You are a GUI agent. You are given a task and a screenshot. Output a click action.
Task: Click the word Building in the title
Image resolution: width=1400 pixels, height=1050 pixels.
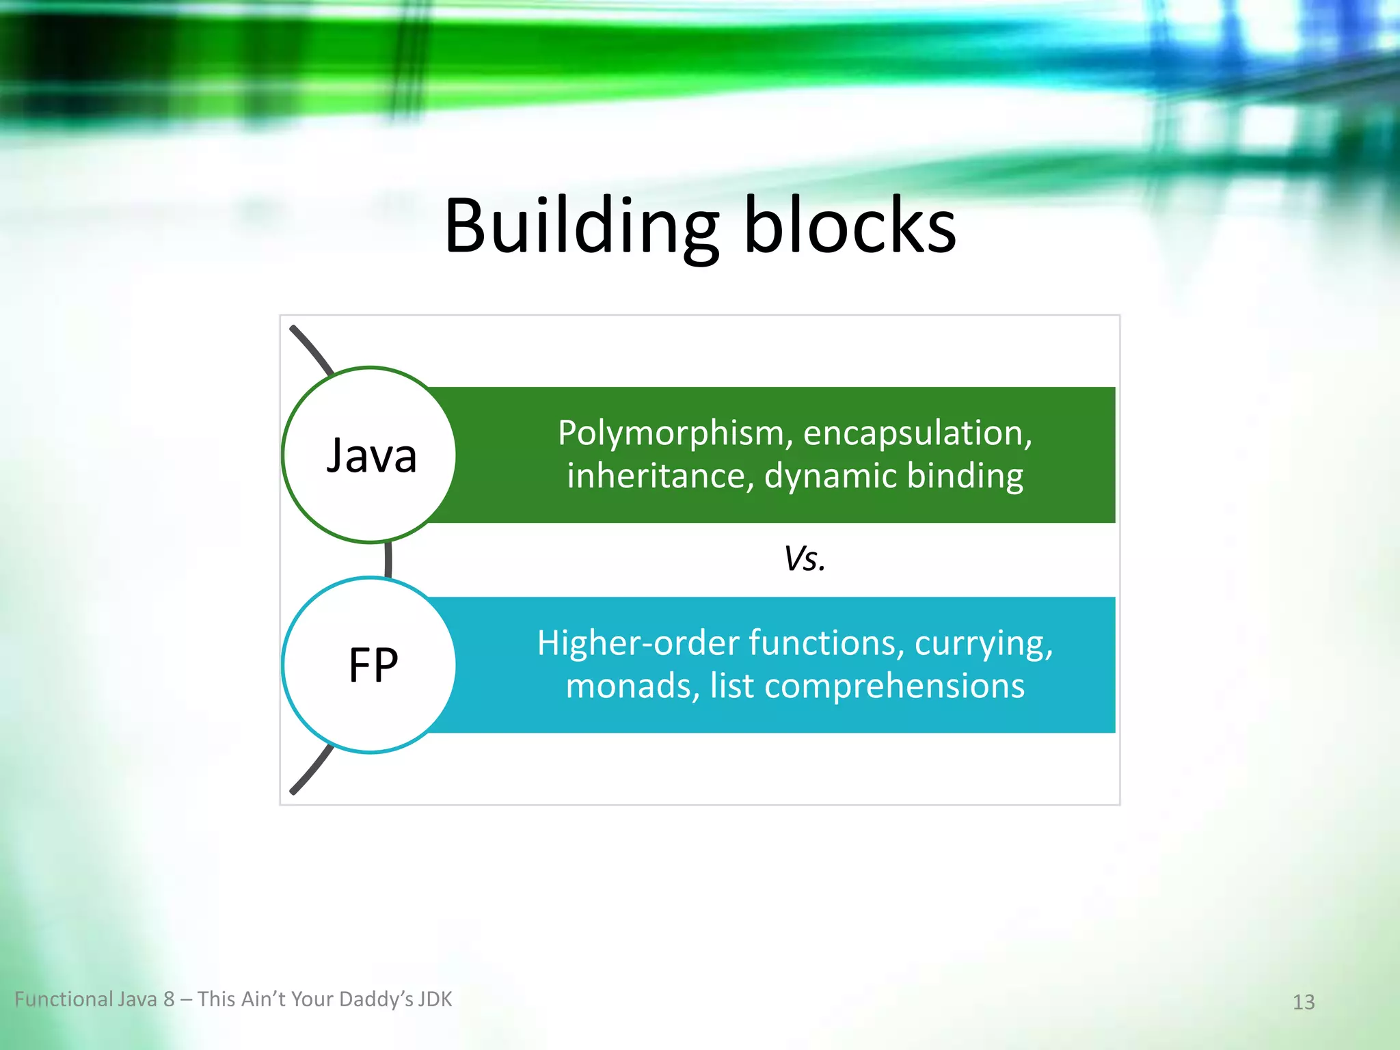581,226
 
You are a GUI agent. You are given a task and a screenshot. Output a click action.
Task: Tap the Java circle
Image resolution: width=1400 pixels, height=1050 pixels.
370,455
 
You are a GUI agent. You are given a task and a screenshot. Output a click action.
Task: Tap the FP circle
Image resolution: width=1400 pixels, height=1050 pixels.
370,664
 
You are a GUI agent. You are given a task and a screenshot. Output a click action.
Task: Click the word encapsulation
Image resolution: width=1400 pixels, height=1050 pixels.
917,433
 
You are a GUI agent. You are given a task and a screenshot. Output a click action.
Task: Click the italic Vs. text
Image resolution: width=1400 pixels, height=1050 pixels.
805,558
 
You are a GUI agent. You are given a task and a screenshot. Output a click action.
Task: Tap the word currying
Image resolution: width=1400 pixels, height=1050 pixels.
983,643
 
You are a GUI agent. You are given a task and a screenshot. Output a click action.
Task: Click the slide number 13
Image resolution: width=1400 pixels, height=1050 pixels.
1304,1002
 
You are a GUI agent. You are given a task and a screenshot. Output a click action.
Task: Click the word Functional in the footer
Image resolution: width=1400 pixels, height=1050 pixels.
64,999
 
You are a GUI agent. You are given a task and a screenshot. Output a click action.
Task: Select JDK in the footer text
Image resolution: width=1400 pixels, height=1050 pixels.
435,999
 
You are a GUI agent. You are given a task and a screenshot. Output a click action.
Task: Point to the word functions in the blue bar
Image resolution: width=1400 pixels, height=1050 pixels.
826,643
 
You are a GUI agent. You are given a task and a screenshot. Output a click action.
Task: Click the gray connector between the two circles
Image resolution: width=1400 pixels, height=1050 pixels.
388,559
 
